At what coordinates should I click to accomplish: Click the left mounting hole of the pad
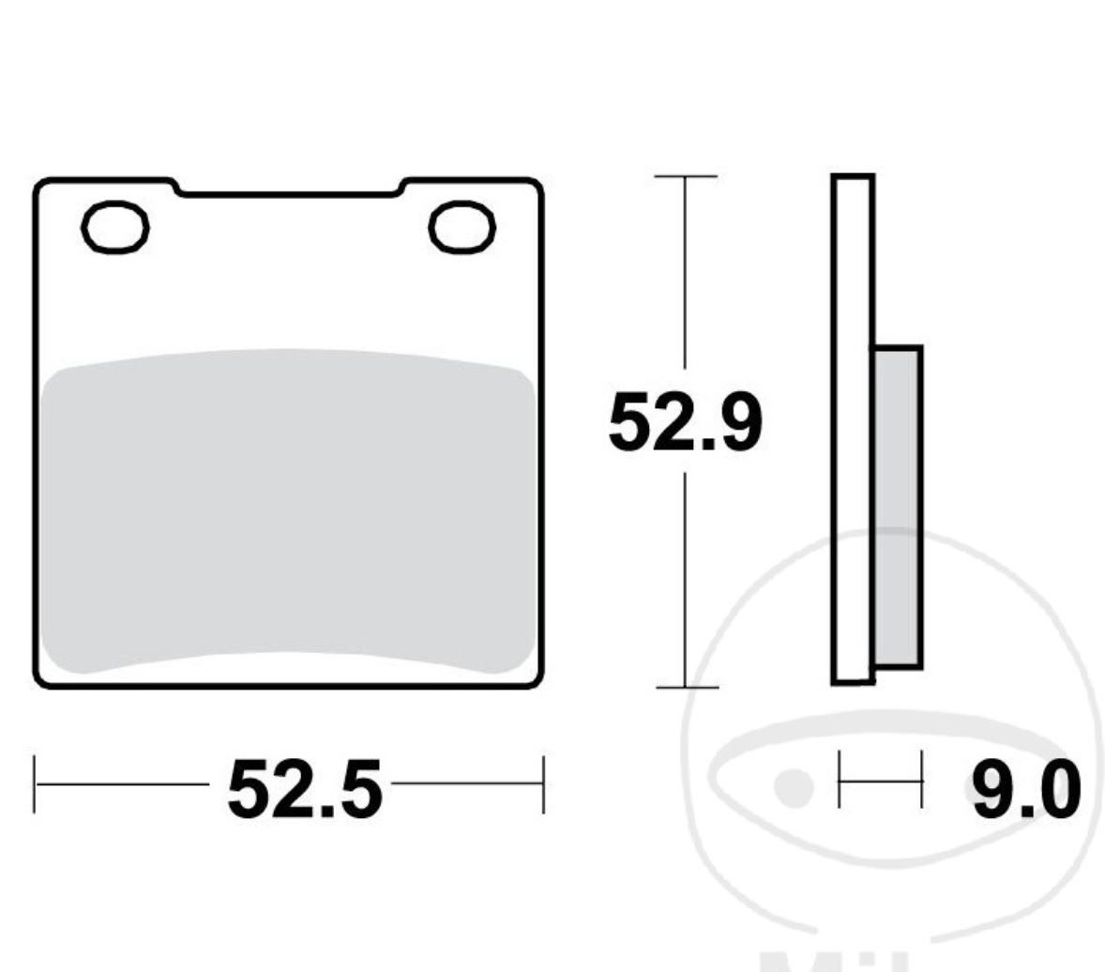pyautogui.click(x=115, y=228)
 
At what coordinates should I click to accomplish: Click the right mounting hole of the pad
pyautogui.click(x=462, y=228)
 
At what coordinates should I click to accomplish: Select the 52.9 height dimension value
pyautogui.click(x=685, y=423)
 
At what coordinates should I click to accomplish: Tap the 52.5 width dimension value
pyautogui.click(x=305, y=788)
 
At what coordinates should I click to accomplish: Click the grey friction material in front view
pyautogui.click(x=289, y=511)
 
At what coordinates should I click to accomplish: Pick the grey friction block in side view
pyautogui.click(x=898, y=507)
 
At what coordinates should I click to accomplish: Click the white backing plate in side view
pyautogui.click(x=853, y=281)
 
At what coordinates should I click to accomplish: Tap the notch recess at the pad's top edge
pyautogui.click(x=289, y=190)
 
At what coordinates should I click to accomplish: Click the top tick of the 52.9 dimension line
pyautogui.click(x=686, y=176)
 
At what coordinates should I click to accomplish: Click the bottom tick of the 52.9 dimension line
pyautogui.click(x=686, y=687)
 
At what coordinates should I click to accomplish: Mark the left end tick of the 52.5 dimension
pyautogui.click(x=35, y=783)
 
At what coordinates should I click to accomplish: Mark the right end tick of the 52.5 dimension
pyautogui.click(x=543, y=783)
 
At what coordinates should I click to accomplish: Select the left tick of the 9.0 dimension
pyautogui.click(x=840, y=779)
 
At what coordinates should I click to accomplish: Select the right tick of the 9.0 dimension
pyautogui.click(x=921, y=779)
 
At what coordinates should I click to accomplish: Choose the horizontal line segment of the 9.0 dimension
pyautogui.click(x=880, y=779)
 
